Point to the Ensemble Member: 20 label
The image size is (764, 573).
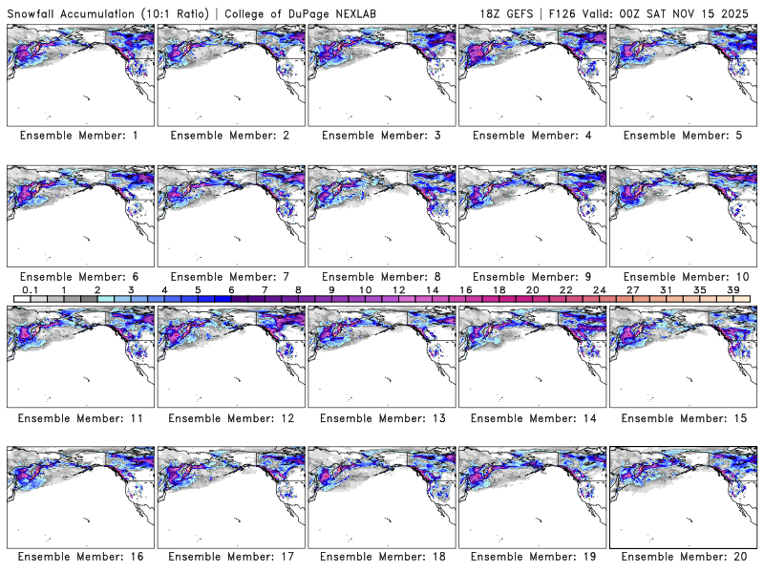682,557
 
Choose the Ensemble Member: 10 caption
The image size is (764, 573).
682,276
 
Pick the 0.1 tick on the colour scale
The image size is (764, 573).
31,289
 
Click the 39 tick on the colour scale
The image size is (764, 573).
733,289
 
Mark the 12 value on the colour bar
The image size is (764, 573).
399,289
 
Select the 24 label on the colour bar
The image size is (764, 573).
600,289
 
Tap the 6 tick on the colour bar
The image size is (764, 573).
231,289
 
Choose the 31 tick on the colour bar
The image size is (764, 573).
667,289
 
